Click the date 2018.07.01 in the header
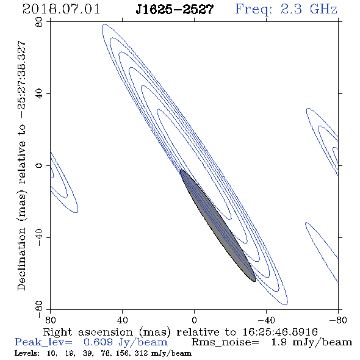pyautogui.click(x=61, y=9)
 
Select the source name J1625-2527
pyautogui.click(x=175, y=10)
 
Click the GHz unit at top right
pyautogui.click(x=323, y=9)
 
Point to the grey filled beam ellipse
pyautogui.click(x=218, y=226)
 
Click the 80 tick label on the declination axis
pyautogui.click(x=39, y=22)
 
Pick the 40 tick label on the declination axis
pyautogui.click(x=39, y=94)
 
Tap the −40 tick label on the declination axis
pyautogui.click(x=39, y=237)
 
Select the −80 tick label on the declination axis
pyautogui.click(x=39, y=309)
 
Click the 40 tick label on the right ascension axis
pyautogui.click(x=122, y=320)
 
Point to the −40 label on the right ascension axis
pyautogui.click(x=266, y=320)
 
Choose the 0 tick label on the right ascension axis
pyautogui.click(x=194, y=320)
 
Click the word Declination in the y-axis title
pyautogui.click(x=21, y=259)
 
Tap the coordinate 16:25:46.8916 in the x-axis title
pyautogui.click(x=280, y=332)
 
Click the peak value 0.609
pyautogui.click(x=98, y=342)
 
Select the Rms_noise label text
pyautogui.click(x=225, y=342)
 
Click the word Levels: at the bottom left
pyautogui.click(x=27, y=353)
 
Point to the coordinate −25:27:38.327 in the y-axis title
pyautogui.click(x=21, y=80)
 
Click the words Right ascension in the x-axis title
pyautogui.click(x=88, y=332)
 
